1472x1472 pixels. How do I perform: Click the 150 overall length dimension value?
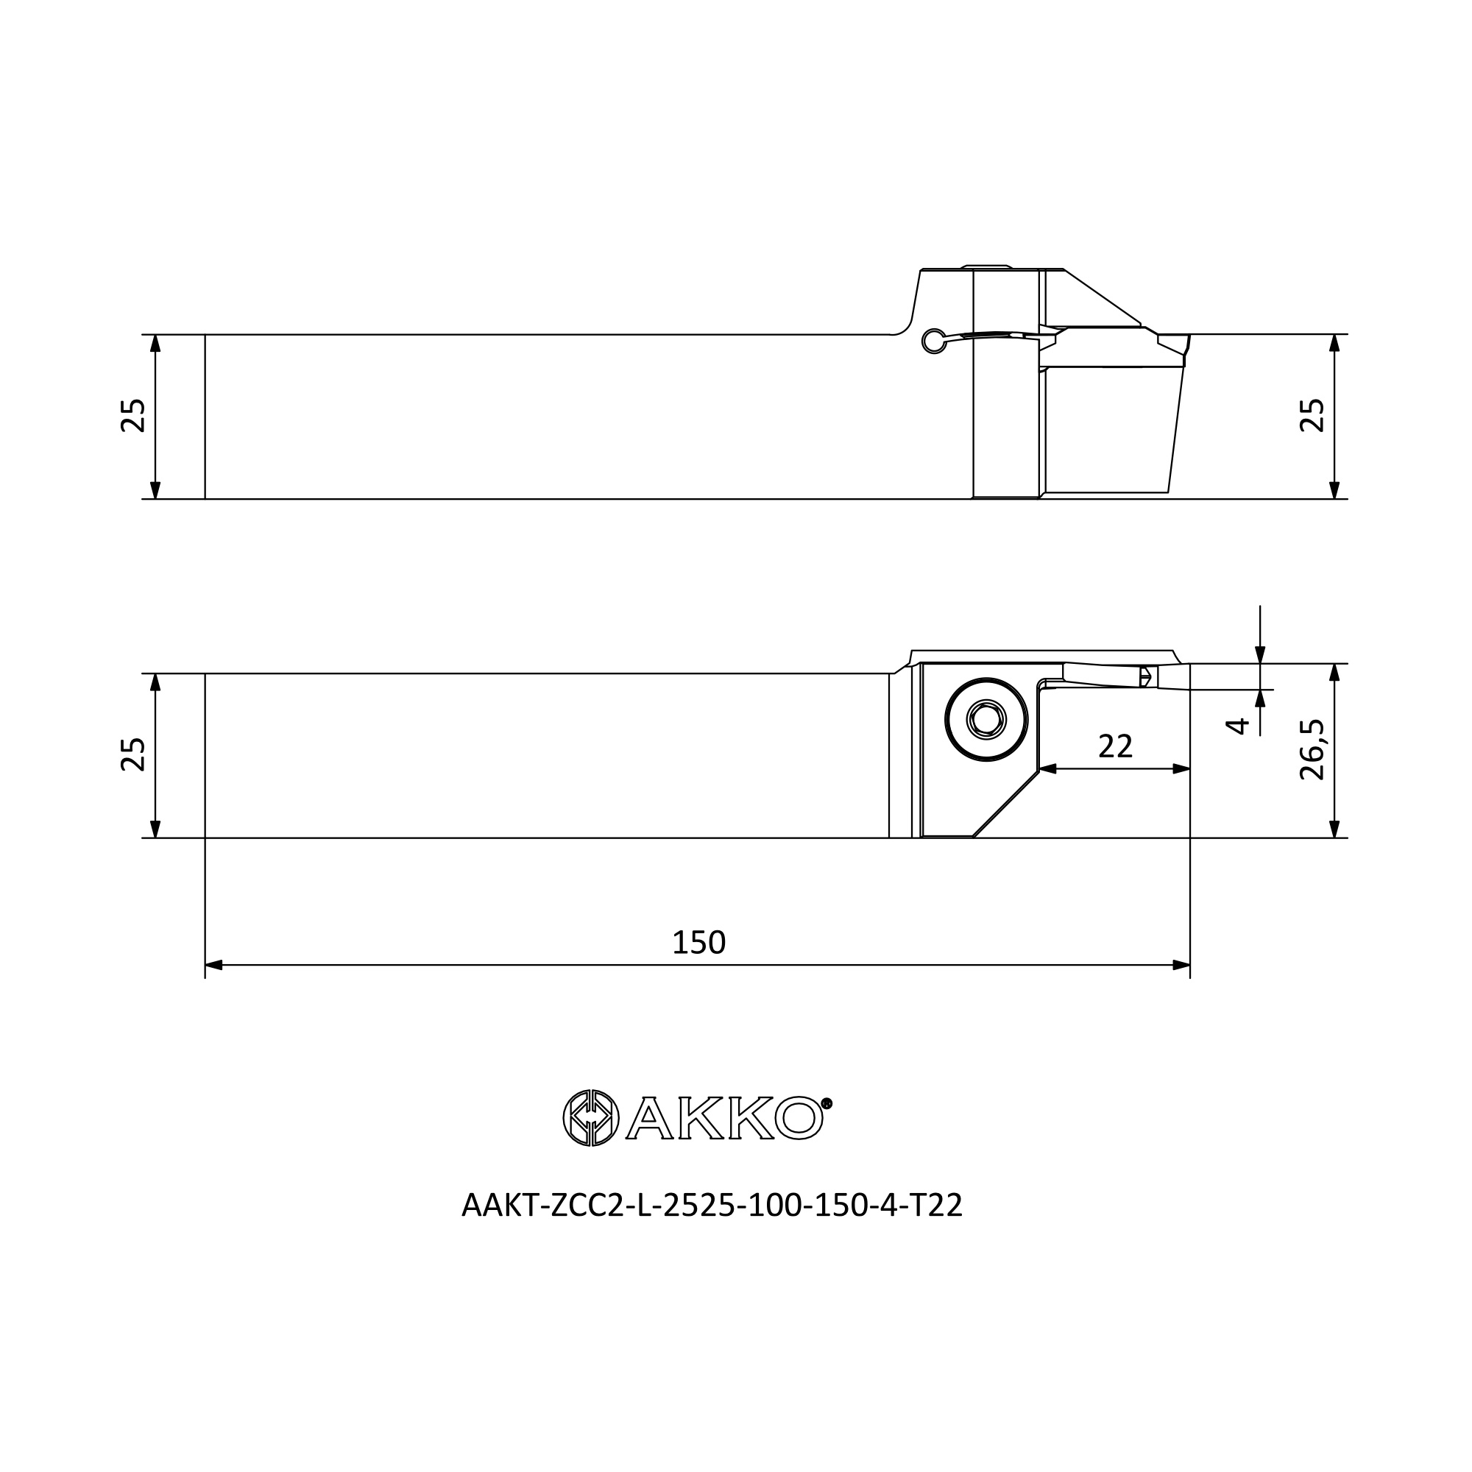click(698, 944)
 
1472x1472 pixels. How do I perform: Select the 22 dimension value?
click(1116, 746)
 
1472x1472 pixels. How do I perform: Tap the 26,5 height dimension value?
click(1313, 750)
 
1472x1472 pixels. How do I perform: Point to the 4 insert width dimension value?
click(1237, 726)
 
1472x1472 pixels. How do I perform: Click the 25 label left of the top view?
click(134, 416)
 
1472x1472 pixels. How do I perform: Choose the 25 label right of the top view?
click(1313, 416)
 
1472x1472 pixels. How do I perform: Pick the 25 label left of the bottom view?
click(134, 755)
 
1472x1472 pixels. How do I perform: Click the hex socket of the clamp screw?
click(986, 719)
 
